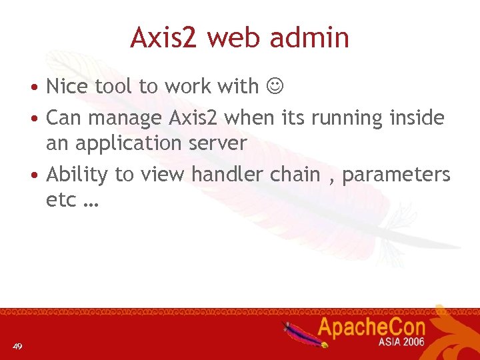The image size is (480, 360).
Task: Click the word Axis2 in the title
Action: click(163, 38)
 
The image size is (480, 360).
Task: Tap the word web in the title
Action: click(236, 38)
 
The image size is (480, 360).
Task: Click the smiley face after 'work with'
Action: click(275, 87)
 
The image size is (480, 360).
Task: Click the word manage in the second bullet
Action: click(127, 119)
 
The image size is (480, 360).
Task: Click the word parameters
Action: click(396, 175)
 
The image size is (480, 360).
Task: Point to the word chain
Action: click(295, 175)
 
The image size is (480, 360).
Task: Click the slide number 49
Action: click(17, 346)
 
